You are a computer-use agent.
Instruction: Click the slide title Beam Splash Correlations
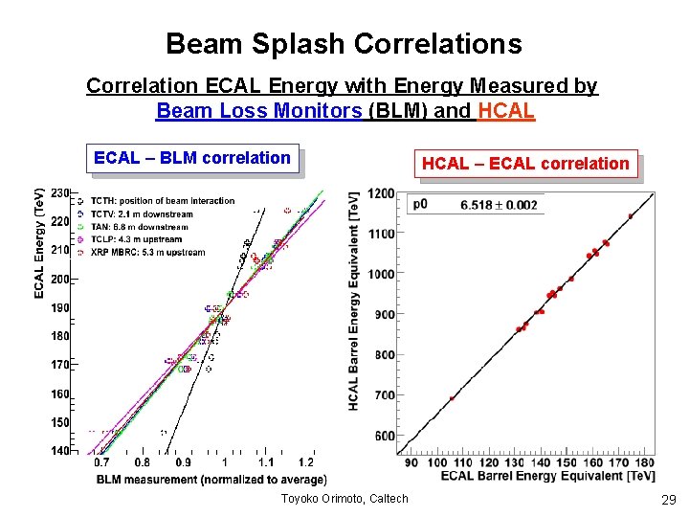click(x=344, y=44)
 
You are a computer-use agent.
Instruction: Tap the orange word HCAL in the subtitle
click(x=505, y=110)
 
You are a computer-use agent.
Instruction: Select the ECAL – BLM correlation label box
click(x=192, y=158)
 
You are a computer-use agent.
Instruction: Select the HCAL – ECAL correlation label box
click(x=525, y=164)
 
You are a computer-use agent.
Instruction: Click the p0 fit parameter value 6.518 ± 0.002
click(x=499, y=204)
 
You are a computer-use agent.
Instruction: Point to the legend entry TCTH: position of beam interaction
click(x=162, y=201)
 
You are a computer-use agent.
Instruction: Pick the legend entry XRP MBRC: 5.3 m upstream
click(x=147, y=253)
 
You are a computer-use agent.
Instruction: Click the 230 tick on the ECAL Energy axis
click(x=60, y=193)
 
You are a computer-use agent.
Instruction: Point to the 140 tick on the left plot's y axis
click(x=60, y=450)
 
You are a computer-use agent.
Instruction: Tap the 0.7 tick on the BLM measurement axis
click(x=101, y=463)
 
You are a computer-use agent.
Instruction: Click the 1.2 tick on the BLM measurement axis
click(x=305, y=463)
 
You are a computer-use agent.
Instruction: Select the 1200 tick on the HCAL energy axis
click(x=381, y=193)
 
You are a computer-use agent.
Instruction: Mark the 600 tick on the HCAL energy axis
click(x=384, y=437)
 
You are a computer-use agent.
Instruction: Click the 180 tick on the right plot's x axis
click(x=646, y=463)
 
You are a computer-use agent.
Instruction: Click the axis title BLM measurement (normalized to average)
click(x=211, y=479)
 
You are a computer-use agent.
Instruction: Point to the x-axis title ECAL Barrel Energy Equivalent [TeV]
click(x=548, y=476)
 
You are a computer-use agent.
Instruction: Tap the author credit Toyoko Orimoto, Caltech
click(x=344, y=498)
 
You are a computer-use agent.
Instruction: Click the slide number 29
click(x=667, y=499)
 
